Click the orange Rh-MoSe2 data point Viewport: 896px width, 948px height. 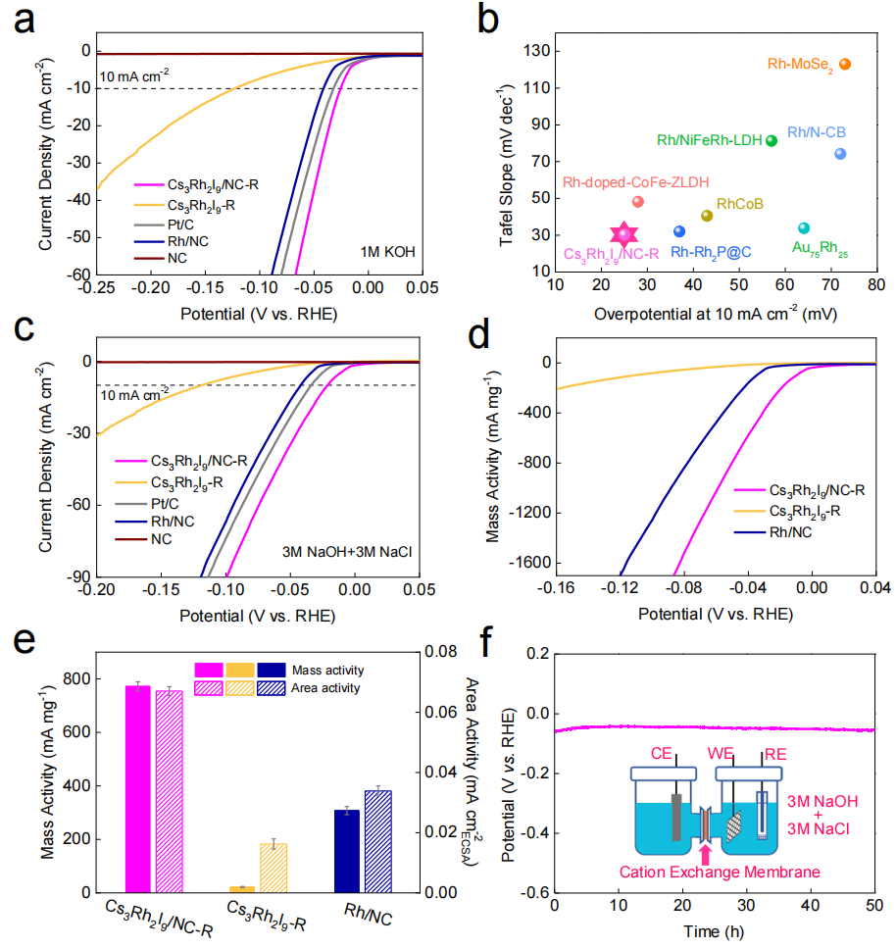tap(844, 65)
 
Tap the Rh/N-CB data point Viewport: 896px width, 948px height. tap(840, 154)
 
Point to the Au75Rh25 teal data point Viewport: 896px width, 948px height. tap(804, 228)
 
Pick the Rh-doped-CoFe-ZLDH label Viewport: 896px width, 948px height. tap(635, 181)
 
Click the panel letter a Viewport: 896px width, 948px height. tap(22, 22)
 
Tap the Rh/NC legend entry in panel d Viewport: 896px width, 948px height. tap(791, 532)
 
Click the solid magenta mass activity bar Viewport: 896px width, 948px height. tap(137, 789)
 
